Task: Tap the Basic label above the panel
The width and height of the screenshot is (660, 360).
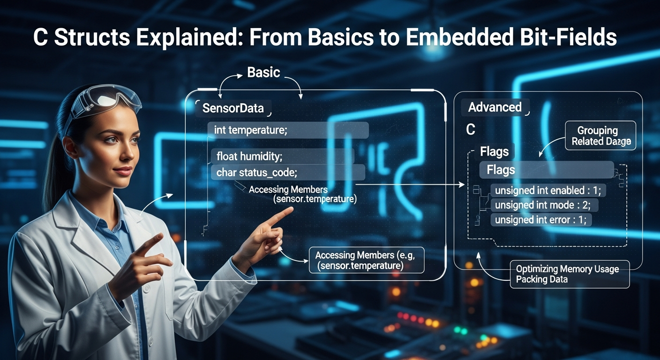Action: point(263,72)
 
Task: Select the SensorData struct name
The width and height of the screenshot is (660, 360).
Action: point(233,108)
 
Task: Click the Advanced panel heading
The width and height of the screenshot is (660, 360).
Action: point(495,107)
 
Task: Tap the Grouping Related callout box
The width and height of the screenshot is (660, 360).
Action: point(600,136)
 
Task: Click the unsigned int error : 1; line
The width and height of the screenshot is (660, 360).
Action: point(541,219)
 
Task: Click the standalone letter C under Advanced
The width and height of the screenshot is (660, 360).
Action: point(471,130)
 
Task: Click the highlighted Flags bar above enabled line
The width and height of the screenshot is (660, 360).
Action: point(546,170)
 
